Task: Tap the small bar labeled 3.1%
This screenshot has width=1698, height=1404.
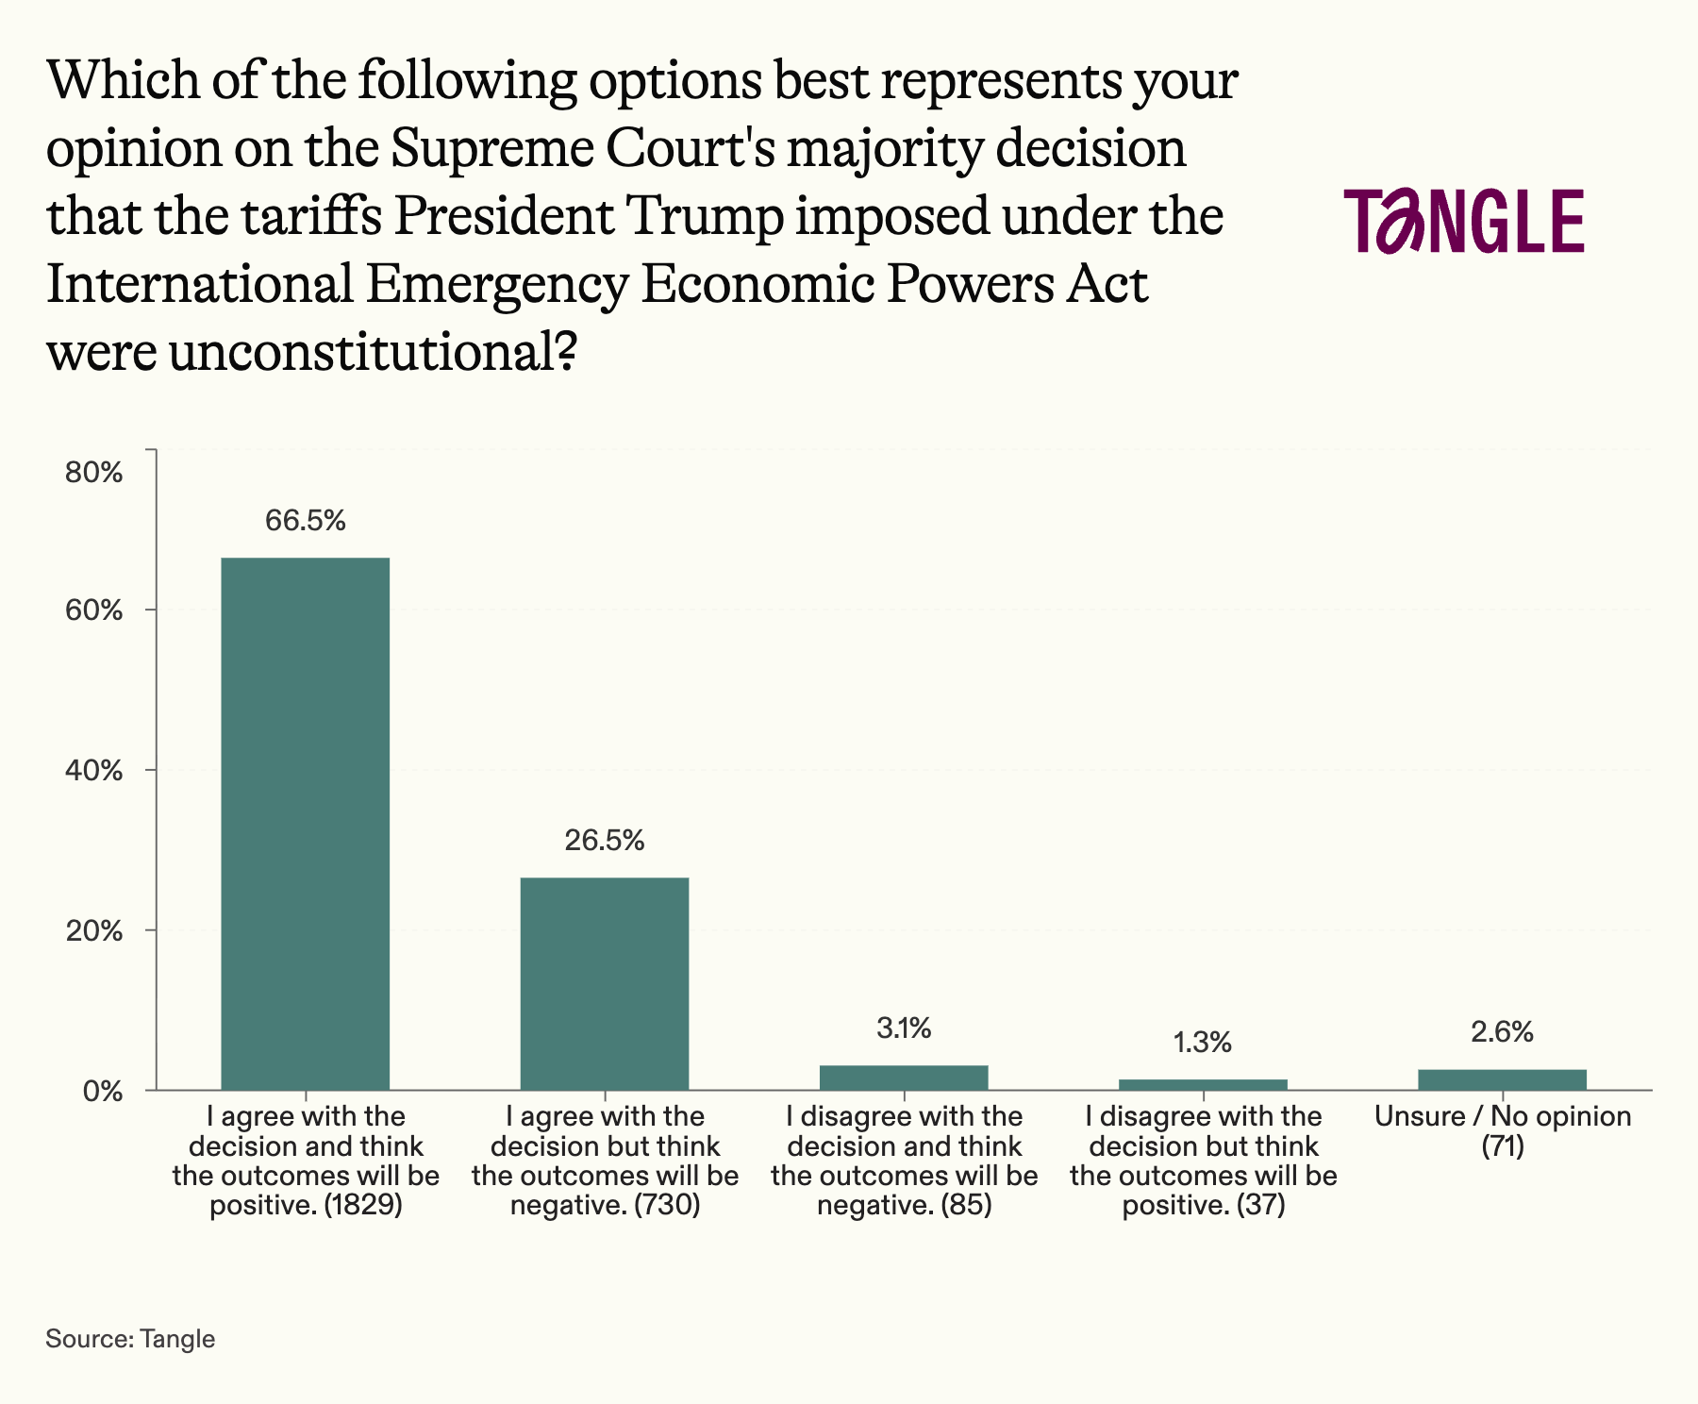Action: (904, 1078)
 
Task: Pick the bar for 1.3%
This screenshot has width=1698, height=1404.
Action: (1203, 1084)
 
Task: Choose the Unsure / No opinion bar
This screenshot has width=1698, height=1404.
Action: (1502, 1079)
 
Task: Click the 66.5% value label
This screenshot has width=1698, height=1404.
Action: (305, 520)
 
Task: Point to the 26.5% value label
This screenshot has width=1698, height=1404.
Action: (605, 840)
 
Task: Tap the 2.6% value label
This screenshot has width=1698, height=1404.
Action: (1502, 1032)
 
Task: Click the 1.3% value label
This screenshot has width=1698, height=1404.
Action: (1203, 1043)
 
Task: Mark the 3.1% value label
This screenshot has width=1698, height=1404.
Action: (904, 1028)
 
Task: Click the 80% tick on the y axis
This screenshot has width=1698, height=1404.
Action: (93, 472)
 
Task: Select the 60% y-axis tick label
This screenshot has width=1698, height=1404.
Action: (93, 610)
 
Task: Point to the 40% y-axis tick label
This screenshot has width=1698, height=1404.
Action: (93, 770)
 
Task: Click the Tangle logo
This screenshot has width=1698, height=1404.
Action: (1464, 221)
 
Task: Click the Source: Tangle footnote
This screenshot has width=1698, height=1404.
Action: (130, 1338)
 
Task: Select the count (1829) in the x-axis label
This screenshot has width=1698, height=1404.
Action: (363, 1206)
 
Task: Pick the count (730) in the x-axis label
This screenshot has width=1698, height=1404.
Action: (667, 1206)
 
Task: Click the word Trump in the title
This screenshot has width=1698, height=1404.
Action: (705, 216)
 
